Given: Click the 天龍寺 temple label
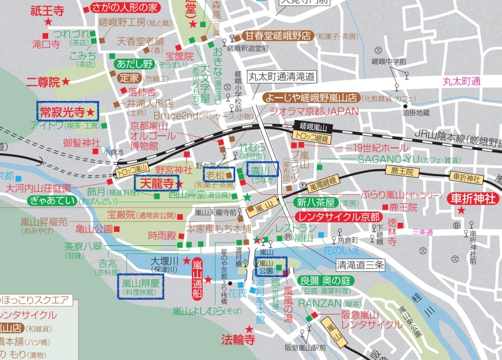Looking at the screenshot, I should pyautogui.click(x=156, y=184).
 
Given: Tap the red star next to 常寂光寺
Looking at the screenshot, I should pyautogui.click(x=90, y=111).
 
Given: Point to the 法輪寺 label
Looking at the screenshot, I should pyautogui.click(x=238, y=340).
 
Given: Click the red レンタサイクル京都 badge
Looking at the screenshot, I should pyautogui.click(x=338, y=217).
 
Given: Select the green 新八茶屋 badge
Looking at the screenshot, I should pyautogui.click(x=316, y=202).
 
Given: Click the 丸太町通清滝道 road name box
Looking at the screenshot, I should pyautogui.click(x=282, y=77).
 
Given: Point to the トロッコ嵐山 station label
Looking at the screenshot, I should pyautogui.click(x=132, y=171).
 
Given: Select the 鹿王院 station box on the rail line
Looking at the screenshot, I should pyautogui.click(x=402, y=172).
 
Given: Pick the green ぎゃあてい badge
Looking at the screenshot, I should pyautogui.click(x=53, y=201).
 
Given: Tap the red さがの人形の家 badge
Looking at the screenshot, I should pyautogui.click(x=125, y=8).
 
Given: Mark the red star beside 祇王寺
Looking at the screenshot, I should pyautogui.click(x=48, y=22).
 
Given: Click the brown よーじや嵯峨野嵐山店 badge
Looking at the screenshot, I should pyautogui.click(x=311, y=97).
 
